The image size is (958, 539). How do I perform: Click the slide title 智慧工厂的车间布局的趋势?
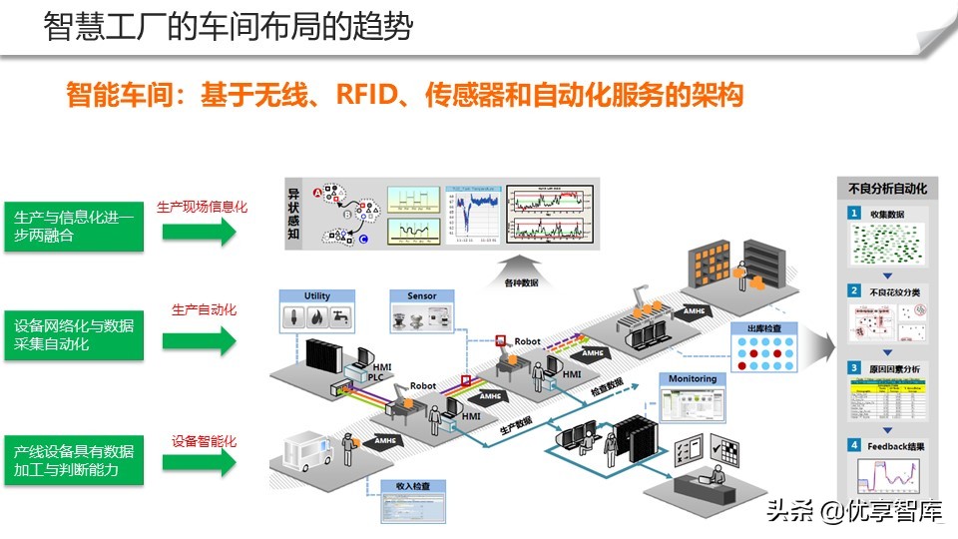(x=229, y=27)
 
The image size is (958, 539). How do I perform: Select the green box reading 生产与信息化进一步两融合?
(x=74, y=227)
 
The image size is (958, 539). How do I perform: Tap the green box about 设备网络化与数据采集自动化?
(x=74, y=334)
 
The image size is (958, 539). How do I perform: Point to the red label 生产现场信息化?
(x=202, y=207)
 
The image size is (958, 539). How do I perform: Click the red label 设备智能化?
(x=204, y=440)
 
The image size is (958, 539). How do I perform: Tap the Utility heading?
(x=317, y=296)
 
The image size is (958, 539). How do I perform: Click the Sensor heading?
(x=421, y=296)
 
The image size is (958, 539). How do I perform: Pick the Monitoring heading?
(x=692, y=379)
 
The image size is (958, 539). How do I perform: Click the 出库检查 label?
(x=764, y=327)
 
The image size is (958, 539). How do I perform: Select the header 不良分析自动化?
(x=887, y=188)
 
